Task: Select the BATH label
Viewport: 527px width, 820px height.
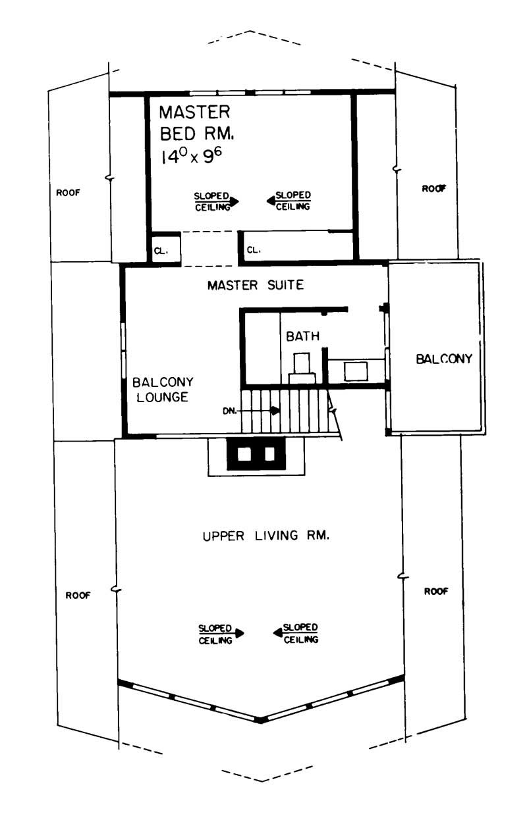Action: [x=302, y=336]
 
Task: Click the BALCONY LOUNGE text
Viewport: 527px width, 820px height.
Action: [x=160, y=390]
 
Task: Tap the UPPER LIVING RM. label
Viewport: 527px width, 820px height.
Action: [x=265, y=536]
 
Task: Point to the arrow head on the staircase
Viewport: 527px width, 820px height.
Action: [x=275, y=410]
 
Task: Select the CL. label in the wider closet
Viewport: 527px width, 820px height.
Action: [x=254, y=250]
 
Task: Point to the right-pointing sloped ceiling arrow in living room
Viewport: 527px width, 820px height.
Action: [x=239, y=633]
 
